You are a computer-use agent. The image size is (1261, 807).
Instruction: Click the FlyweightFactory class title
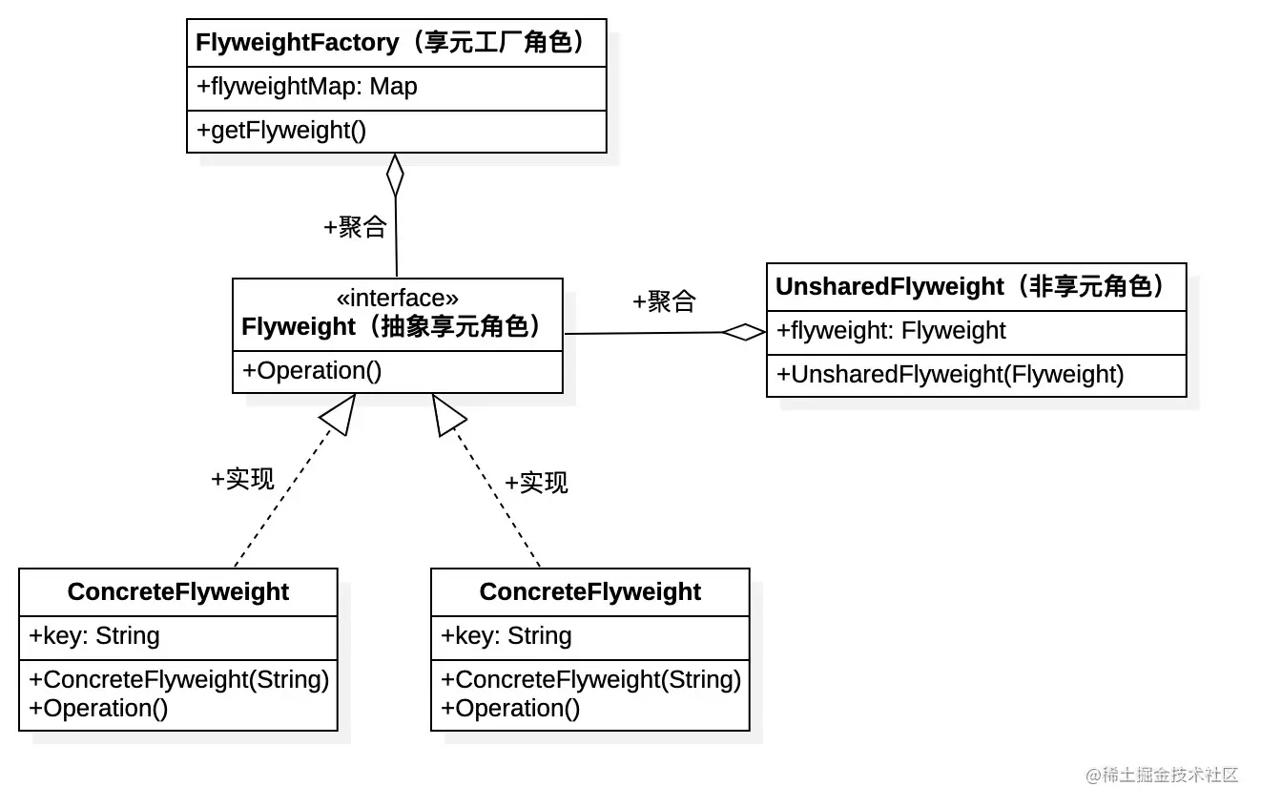point(391,43)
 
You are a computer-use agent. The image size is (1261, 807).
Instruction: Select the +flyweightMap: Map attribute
point(306,87)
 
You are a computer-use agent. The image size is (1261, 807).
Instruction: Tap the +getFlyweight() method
point(280,131)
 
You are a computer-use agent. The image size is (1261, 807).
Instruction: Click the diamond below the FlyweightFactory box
point(395,176)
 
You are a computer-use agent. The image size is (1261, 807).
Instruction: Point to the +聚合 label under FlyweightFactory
point(355,227)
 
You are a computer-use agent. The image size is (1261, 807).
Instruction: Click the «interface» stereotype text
point(397,299)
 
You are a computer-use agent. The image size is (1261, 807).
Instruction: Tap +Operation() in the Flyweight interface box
point(312,371)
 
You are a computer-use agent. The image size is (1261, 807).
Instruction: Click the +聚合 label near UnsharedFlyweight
point(664,301)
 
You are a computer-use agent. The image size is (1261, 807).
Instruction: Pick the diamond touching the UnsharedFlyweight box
point(744,332)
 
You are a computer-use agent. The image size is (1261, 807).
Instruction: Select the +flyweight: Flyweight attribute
point(891,331)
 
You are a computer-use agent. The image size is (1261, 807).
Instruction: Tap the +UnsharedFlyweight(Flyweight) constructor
point(950,375)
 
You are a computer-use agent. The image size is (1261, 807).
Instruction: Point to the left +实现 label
point(242,479)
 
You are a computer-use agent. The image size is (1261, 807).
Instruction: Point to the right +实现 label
point(536,483)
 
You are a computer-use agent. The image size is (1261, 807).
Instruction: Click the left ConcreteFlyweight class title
point(178,592)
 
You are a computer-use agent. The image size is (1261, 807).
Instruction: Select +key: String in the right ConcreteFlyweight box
point(506,636)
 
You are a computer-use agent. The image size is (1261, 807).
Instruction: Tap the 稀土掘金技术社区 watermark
point(1161,775)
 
